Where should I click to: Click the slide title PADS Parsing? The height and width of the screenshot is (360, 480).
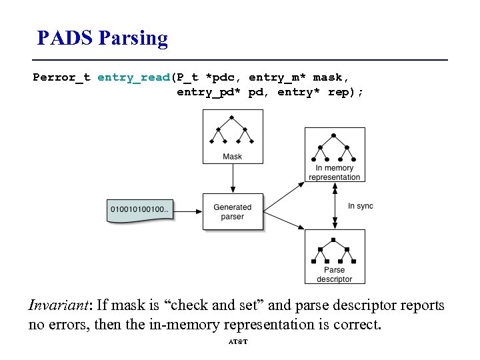coord(103,38)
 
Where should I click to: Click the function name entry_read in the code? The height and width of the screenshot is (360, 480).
coord(133,77)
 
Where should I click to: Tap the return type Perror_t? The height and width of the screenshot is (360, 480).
coord(62,77)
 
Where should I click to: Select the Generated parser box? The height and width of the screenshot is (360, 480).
coord(233,212)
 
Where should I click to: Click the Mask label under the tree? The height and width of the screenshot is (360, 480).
coord(233,157)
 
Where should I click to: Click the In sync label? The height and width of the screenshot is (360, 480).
coord(361,206)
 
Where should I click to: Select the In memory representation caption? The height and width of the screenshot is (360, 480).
coord(335,173)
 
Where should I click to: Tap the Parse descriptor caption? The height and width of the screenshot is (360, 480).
coord(335,274)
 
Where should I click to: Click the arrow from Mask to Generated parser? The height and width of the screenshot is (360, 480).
coord(233,179)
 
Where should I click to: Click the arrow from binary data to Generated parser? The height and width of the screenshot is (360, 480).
coord(188,212)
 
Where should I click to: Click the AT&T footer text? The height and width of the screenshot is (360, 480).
coord(238,342)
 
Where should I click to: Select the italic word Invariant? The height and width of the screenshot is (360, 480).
coord(59,305)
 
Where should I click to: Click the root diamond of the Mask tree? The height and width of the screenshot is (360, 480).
coord(233,117)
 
